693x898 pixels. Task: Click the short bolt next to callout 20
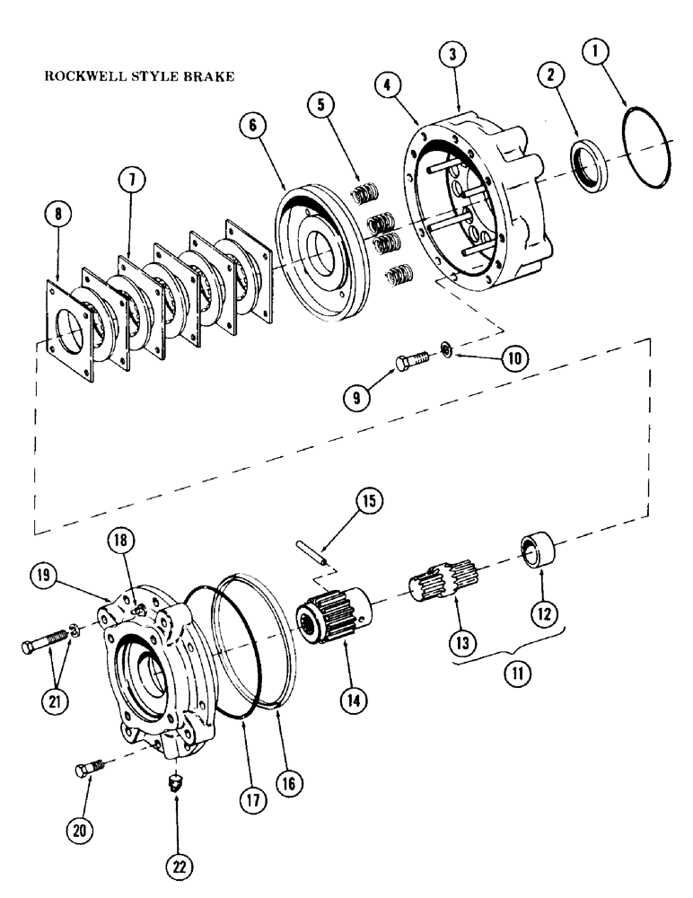pyautogui.click(x=90, y=769)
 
